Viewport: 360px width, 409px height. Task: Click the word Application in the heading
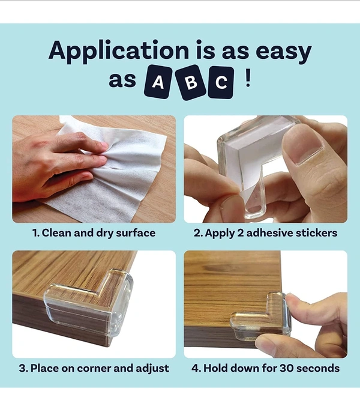pyautogui.click(x=119, y=51)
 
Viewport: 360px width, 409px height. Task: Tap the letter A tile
pyautogui.click(x=158, y=82)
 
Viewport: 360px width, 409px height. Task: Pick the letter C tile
pyautogui.click(x=221, y=82)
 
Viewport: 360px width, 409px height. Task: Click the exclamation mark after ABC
pyautogui.click(x=248, y=79)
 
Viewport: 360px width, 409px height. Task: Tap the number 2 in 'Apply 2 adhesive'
pyautogui.click(x=241, y=233)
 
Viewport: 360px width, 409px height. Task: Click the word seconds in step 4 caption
pyautogui.click(x=318, y=368)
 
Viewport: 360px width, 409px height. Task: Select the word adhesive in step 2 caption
pyautogui.click(x=270, y=232)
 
